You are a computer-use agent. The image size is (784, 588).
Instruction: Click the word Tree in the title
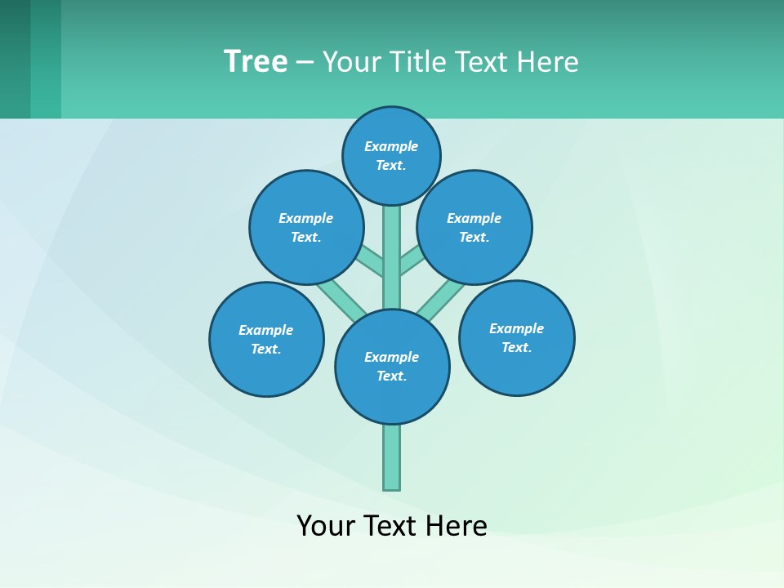(x=256, y=61)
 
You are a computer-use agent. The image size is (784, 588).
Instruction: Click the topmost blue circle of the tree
(x=391, y=155)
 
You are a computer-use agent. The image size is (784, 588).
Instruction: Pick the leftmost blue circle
(x=266, y=339)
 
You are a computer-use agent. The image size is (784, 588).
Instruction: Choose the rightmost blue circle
(x=516, y=337)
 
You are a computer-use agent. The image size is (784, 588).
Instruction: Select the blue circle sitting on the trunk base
(x=392, y=367)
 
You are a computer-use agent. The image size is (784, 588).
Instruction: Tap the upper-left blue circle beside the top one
(x=305, y=227)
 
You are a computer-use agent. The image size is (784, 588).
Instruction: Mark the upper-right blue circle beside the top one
(x=474, y=227)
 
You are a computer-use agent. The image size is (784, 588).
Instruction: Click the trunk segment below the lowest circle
(x=392, y=457)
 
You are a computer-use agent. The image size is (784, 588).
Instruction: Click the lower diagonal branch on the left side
(x=341, y=299)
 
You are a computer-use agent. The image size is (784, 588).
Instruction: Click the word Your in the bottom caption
(x=326, y=525)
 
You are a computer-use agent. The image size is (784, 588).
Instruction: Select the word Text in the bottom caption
(x=390, y=525)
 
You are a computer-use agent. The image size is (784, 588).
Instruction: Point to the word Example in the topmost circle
(x=391, y=146)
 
